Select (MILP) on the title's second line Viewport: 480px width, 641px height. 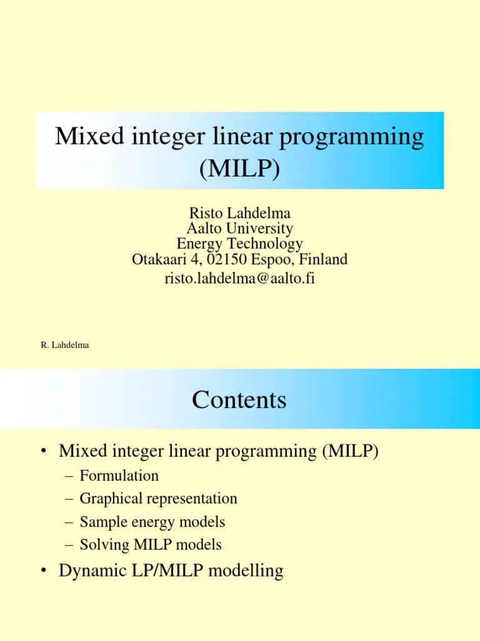point(239,168)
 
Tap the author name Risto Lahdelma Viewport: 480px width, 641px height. point(239,213)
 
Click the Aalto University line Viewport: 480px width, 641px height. point(239,228)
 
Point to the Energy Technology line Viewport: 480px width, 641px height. point(239,244)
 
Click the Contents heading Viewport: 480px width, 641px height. point(239,399)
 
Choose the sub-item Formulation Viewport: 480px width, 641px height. point(119,476)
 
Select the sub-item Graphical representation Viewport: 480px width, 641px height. point(159,499)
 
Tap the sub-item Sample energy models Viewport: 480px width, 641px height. point(152,521)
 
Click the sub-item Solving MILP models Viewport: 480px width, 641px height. point(151,545)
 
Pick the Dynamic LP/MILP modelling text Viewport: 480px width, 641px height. point(171,571)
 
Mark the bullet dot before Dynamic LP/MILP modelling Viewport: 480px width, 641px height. point(43,572)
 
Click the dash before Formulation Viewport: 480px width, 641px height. point(69,476)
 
